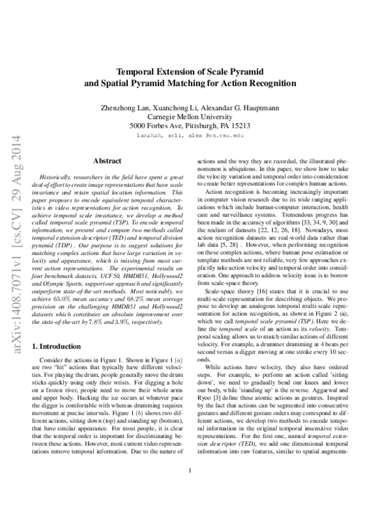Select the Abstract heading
coord(106,159)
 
